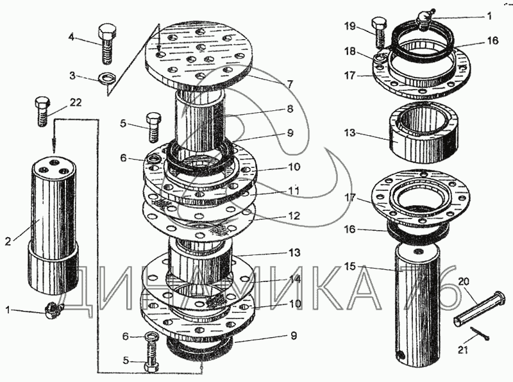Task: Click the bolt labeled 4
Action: coord(107,44)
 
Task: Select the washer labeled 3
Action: coord(106,79)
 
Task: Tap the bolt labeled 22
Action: coord(42,112)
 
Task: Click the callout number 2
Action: coord(8,242)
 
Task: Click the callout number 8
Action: coord(290,108)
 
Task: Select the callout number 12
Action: coord(294,216)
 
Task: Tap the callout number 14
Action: coord(294,279)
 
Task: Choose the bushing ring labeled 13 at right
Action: coord(424,131)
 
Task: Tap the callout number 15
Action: coord(350,267)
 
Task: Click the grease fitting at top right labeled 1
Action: coord(425,21)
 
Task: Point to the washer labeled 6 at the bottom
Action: coord(151,336)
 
